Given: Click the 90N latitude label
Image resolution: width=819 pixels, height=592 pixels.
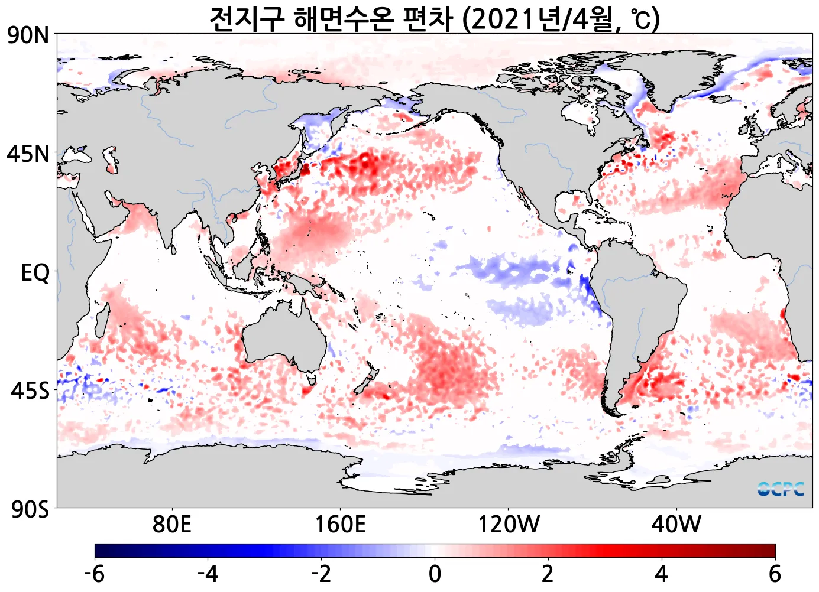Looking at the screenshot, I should click(28, 35).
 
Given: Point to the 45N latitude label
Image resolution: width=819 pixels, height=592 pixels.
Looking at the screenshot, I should click(28, 154).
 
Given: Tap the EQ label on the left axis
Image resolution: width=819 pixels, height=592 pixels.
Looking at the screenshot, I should click(35, 273).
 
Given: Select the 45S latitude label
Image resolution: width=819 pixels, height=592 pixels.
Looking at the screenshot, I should click(30, 391).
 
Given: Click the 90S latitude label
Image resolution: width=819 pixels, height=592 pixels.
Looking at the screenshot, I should click(30, 509).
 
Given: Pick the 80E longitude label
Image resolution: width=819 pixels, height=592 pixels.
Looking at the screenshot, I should click(171, 523).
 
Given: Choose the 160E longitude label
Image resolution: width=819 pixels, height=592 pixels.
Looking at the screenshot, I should click(340, 523).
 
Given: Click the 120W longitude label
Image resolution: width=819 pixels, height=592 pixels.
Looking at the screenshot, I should click(509, 523).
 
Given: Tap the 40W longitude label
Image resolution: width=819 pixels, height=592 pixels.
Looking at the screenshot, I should click(676, 523).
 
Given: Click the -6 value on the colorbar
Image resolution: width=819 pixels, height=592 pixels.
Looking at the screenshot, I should click(95, 573).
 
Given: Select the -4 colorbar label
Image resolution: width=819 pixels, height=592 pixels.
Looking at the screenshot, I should click(208, 573).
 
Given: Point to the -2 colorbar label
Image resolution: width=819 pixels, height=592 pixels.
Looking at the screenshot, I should click(321, 573).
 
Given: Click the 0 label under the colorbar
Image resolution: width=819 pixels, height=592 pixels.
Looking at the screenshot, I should click(435, 573).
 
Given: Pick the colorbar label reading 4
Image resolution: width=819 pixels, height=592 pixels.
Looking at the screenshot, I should click(661, 573).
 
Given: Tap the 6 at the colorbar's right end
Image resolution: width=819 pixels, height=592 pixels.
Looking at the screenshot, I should click(775, 573).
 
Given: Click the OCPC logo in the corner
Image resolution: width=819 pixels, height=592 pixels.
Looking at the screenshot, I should click(781, 489).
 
